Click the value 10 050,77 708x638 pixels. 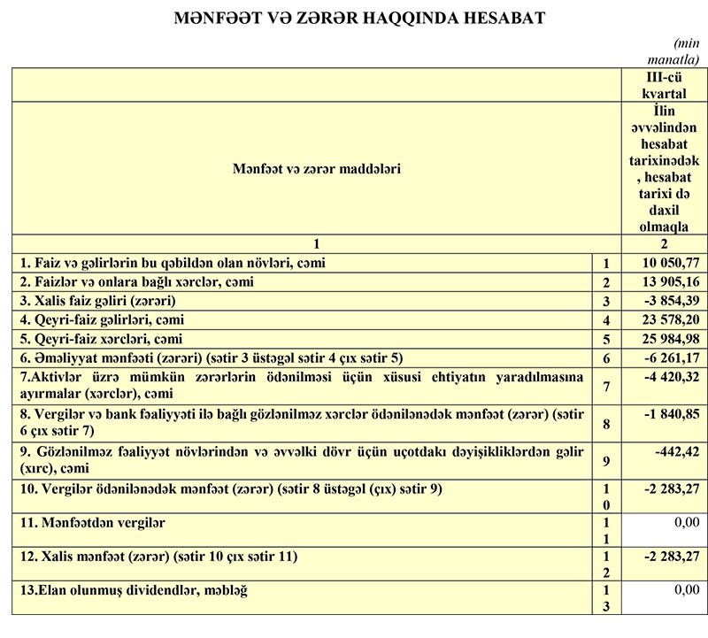pyautogui.click(x=668, y=264)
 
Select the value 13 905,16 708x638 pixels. pyautogui.click(x=668, y=282)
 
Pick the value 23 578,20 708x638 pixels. pyautogui.click(x=668, y=319)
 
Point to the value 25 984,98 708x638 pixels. pyautogui.click(x=668, y=338)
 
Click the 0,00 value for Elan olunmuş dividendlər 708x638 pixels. pyautogui.click(x=687, y=588)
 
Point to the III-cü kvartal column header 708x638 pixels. pyautogui.click(x=666, y=86)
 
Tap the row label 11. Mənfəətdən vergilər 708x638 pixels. pyautogui.click(x=92, y=522)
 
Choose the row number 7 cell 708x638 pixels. pyautogui.click(x=605, y=387)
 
